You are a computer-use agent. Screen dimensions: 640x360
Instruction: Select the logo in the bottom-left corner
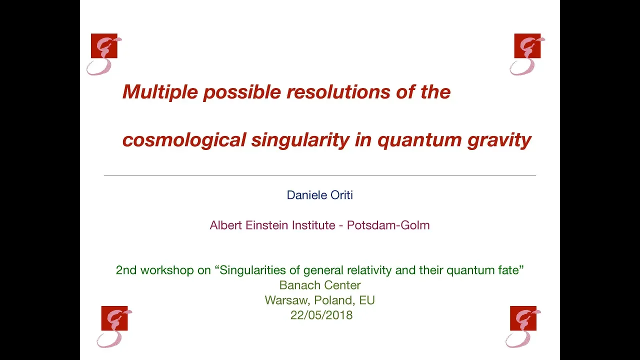(114, 327)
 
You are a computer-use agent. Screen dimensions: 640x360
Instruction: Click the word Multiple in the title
(160, 92)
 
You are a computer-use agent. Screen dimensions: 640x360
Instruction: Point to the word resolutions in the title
(338, 91)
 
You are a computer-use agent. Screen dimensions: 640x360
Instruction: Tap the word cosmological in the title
(184, 140)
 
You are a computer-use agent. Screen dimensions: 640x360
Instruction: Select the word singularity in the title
(300, 140)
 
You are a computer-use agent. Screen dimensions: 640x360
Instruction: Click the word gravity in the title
(499, 140)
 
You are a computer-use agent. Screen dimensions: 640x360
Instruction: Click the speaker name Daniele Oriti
(319, 195)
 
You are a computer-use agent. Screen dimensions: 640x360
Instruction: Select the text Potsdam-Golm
(388, 225)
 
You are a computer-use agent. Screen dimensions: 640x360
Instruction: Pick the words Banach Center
(320, 285)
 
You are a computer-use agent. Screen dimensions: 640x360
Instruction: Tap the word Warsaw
(287, 300)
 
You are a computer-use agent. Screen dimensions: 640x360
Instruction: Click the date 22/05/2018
(321, 315)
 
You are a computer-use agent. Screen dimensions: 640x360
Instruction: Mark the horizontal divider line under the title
(320, 175)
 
